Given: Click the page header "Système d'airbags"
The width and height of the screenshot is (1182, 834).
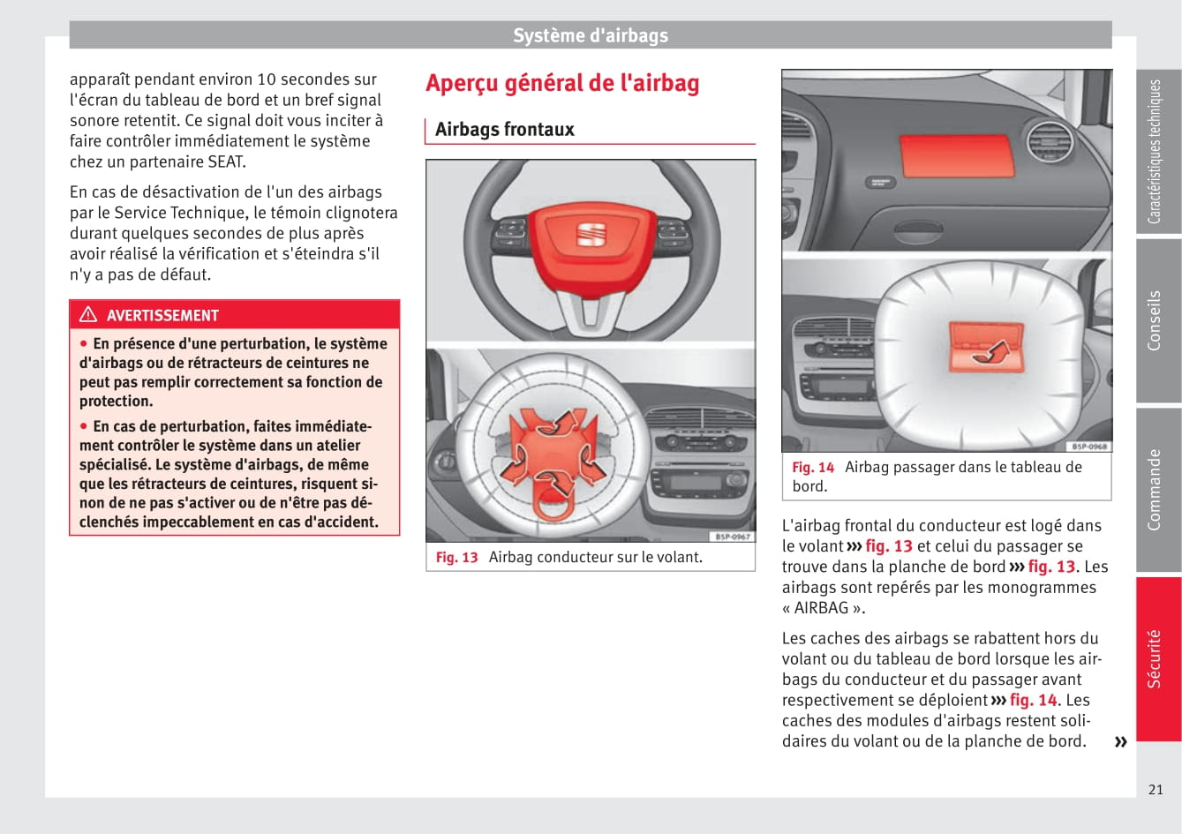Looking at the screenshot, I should tap(591, 35).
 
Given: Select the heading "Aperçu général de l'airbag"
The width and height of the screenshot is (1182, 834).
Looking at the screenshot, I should tap(562, 83).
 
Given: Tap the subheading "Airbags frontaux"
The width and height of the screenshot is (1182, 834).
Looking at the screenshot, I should tap(505, 130).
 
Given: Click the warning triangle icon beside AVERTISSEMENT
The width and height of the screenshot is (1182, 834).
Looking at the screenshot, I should tap(88, 315).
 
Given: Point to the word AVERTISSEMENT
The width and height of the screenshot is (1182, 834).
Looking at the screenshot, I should tap(162, 316).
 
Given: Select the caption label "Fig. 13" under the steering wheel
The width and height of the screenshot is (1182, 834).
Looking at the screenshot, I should tap(456, 558).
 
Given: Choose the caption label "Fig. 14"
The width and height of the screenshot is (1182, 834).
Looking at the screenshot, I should tap(812, 468).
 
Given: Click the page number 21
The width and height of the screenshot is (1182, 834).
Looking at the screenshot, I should tap(1156, 790).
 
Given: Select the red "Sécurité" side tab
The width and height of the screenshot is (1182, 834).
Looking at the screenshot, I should tap(1157, 658).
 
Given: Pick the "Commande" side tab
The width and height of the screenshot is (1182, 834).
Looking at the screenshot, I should tap(1157, 490).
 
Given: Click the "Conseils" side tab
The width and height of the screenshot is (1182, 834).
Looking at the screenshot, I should tap(1157, 321).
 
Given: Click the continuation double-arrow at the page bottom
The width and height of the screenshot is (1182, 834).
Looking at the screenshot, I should tap(1120, 741).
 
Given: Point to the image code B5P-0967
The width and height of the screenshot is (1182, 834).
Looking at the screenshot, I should tap(732, 537).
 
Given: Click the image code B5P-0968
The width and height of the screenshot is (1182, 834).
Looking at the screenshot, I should tap(1088, 447).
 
